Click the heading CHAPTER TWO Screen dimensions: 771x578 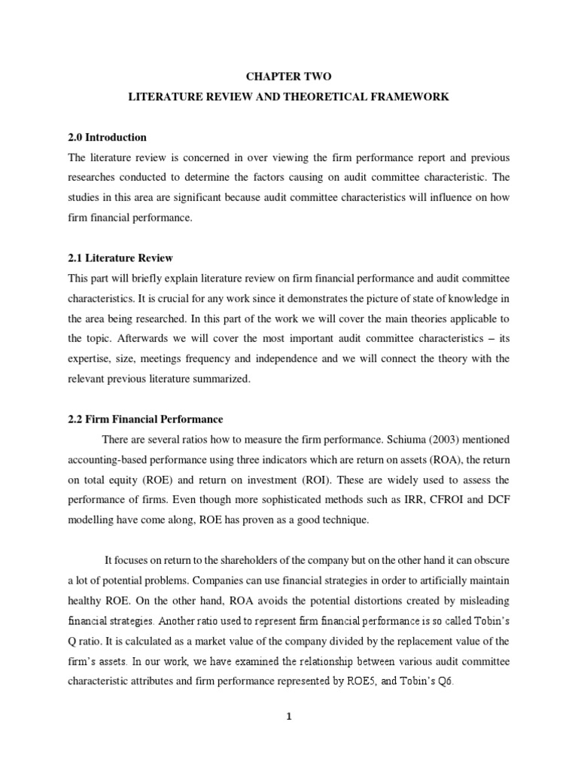(288, 77)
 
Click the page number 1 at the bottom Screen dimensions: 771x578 (288, 717)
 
